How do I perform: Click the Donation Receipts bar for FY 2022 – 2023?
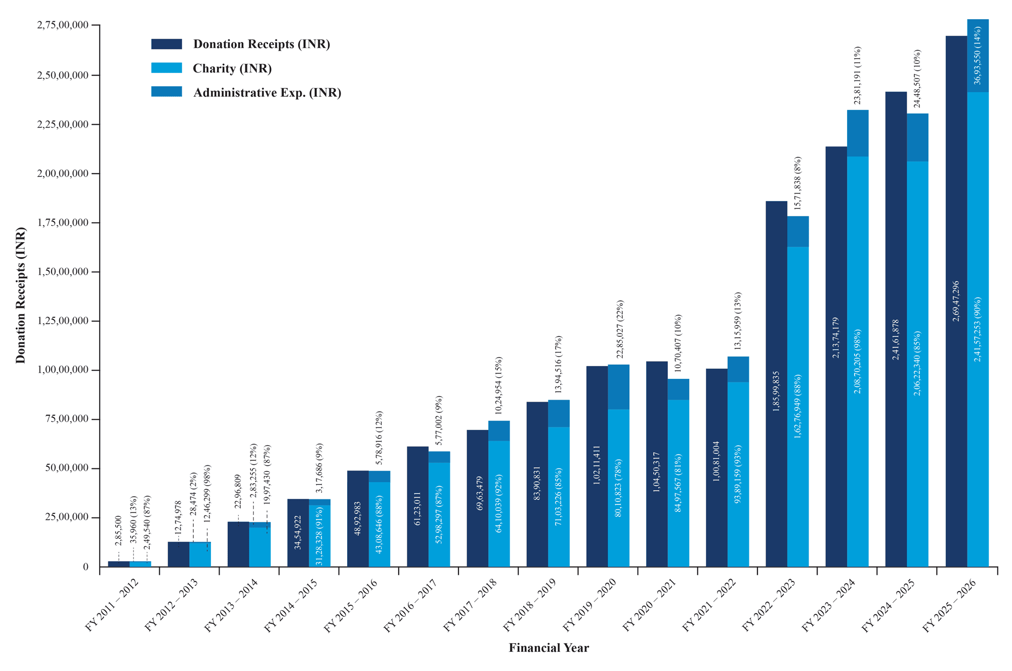click(x=776, y=384)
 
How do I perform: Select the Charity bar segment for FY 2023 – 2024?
click(x=858, y=362)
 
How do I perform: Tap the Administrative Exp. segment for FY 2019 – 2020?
click(x=618, y=387)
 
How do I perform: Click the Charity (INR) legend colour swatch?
click(x=166, y=68)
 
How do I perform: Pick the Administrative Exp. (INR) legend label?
click(x=267, y=93)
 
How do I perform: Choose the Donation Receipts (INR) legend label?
click(x=262, y=44)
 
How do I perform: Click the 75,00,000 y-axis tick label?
click(x=66, y=419)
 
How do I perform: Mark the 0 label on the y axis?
click(x=86, y=567)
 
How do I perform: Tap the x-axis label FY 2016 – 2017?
click(x=410, y=605)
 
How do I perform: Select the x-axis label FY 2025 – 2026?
click(x=949, y=605)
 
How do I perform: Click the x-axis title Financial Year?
click(x=549, y=648)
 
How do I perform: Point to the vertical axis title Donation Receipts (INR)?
click(x=20, y=295)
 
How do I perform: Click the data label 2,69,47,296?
click(x=956, y=301)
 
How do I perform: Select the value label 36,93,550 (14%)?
click(x=978, y=55)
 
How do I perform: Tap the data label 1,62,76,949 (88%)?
click(x=798, y=406)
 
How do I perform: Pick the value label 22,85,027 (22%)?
click(x=620, y=329)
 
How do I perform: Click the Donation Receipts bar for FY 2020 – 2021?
click(x=657, y=464)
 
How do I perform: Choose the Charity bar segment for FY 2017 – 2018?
click(x=499, y=504)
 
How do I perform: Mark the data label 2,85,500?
click(x=118, y=531)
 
